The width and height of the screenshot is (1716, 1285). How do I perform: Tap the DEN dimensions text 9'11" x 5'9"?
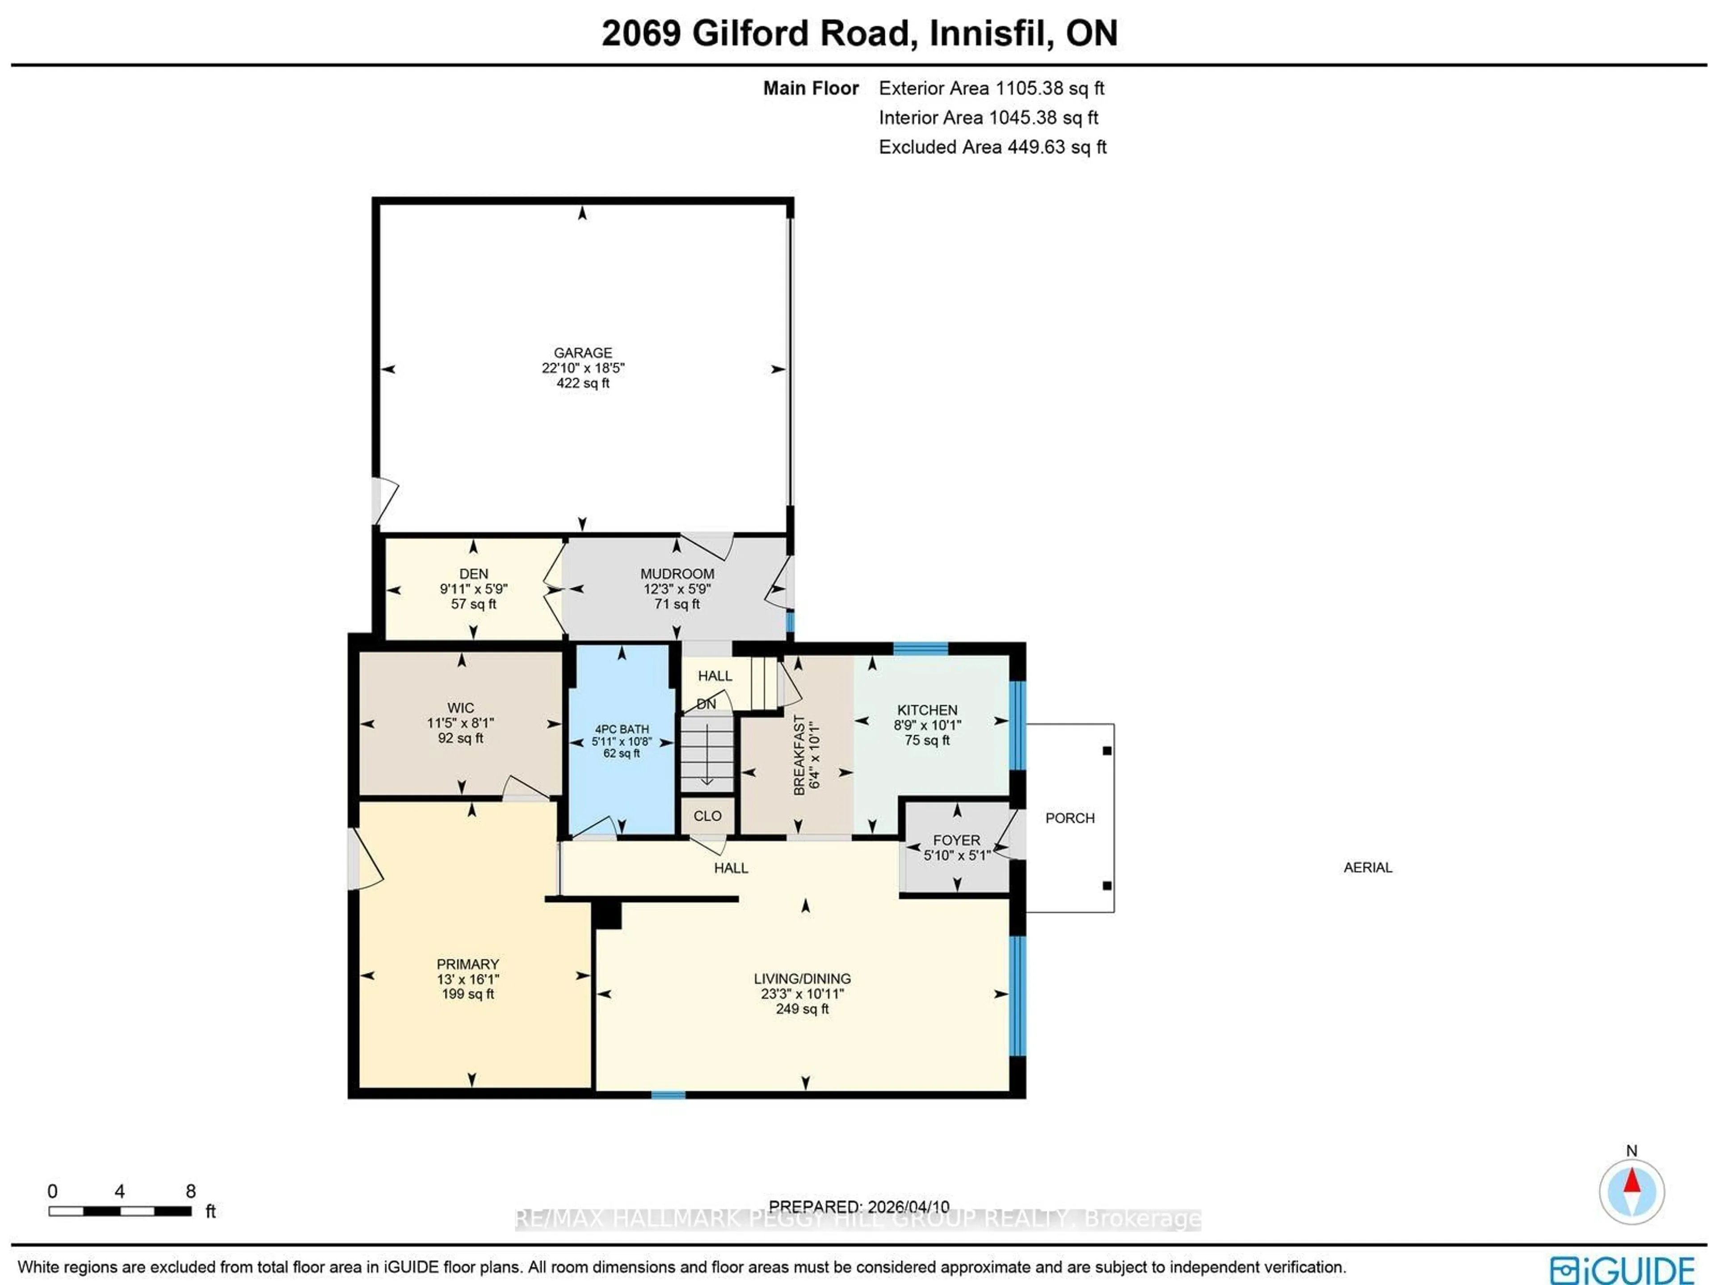pyautogui.click(x=473, y=589)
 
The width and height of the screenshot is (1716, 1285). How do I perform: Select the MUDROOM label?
pyautogui.click(x=677, y=573)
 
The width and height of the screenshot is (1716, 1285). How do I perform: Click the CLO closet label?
pyautogui.click(x=707, y=816)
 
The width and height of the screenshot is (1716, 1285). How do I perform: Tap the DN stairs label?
pyautogui.click(x=706, y=704)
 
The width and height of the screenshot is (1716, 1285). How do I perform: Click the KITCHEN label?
pyautogui.click(x=927, y=710)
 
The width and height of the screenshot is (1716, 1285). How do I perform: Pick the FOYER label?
pyautogui.click(x=956, y=840)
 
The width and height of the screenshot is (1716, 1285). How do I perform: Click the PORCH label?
pyautogui.click(x=1070, y=818)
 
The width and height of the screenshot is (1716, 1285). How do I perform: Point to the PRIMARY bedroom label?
pyautogui.click(x=468, y=964)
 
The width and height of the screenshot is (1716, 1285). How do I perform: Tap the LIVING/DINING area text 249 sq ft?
pyautogui.click(x=802, y=1009)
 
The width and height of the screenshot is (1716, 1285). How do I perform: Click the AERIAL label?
pyautogui.click(x=1368, y=868)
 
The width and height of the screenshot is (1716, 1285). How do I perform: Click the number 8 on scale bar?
pyautogui.click(x=191, y=1191)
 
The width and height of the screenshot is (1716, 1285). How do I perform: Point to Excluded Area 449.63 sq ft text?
pyautogui.click(x=992, y=147)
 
